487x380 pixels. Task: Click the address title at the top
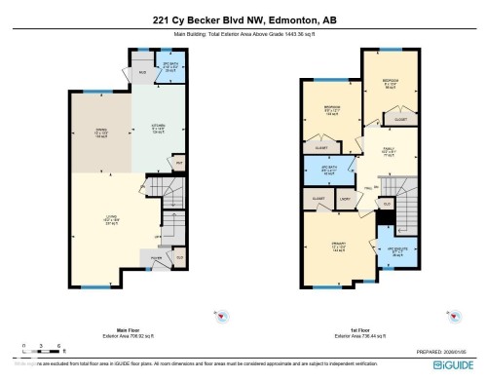coord(243,19)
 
